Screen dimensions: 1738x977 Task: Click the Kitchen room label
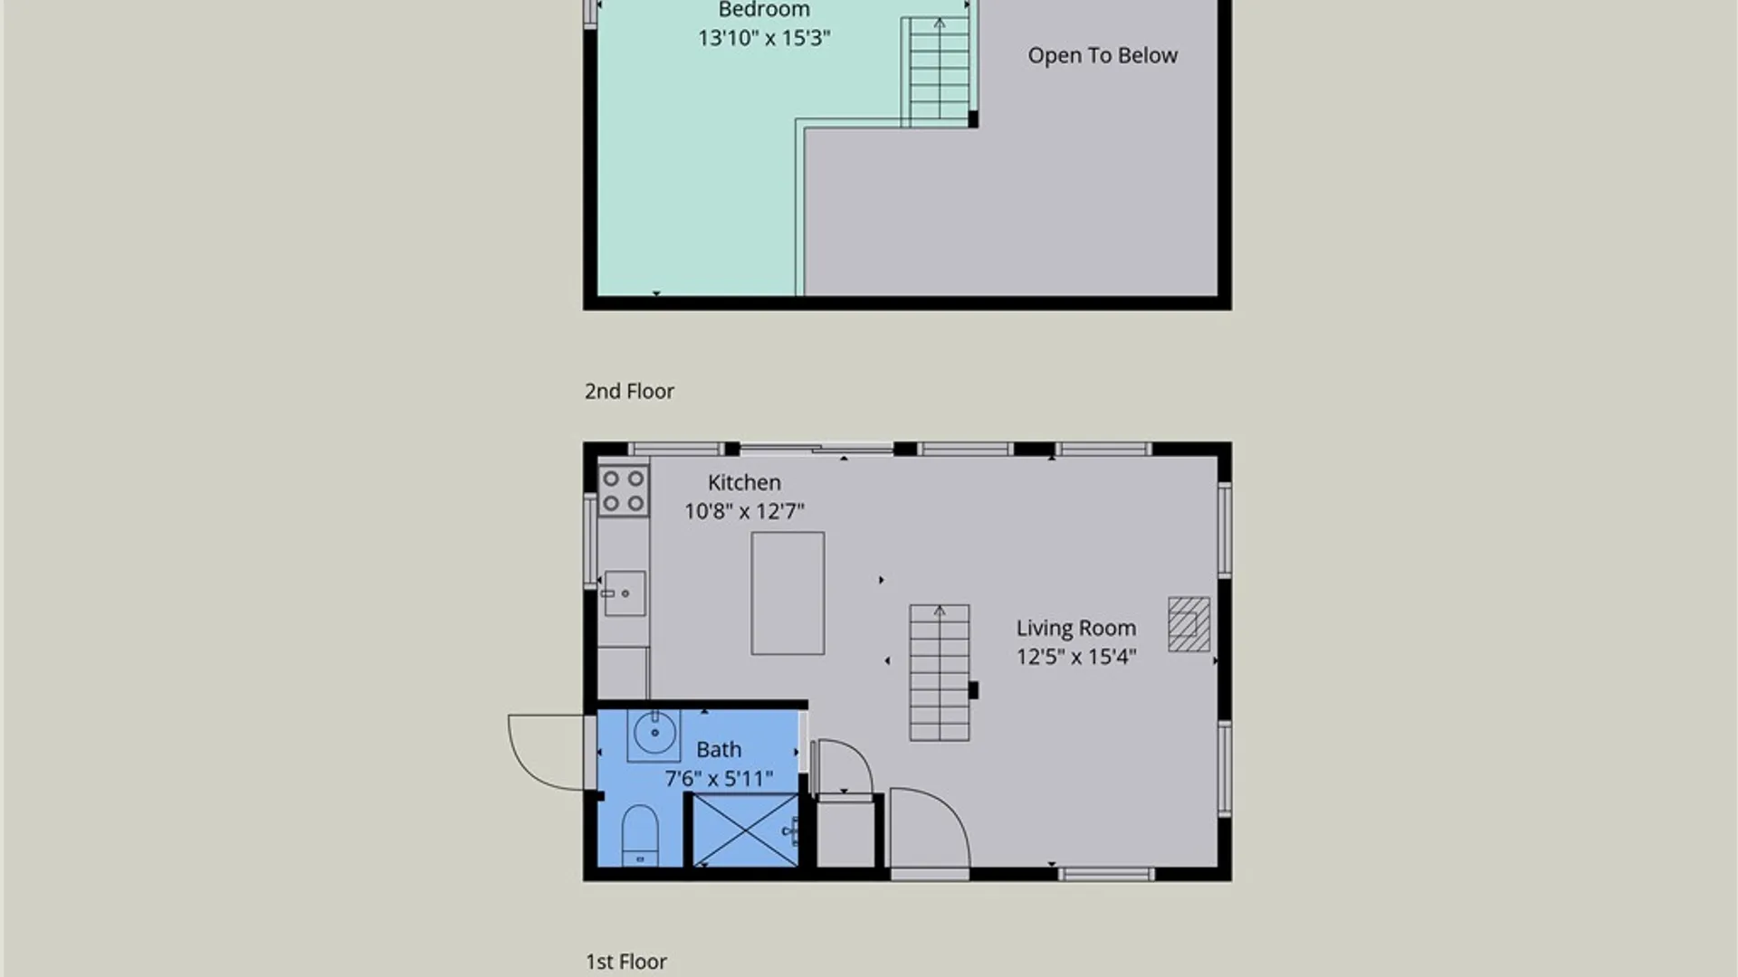[x=744, y=483]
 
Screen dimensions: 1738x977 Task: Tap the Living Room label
[x=1075, y=629]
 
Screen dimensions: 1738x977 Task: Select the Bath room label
[x=719, y=750]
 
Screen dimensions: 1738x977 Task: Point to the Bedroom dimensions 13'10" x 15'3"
[x=764, y=38]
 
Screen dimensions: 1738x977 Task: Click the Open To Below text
[x=1103, y=56]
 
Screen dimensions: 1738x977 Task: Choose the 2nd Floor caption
[x=629, y=392]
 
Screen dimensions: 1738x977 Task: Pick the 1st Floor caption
[x=626, y=962]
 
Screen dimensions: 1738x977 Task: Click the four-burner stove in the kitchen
[x=624, y=490]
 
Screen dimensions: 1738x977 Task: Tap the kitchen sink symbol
[x=625, y=593]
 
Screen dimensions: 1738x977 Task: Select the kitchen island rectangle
[x=788, y=593]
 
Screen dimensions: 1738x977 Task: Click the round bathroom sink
[x=654, y=733]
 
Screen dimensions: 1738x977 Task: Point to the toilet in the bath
[x=640, y=835]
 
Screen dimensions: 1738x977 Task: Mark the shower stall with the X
[x=744, y=830]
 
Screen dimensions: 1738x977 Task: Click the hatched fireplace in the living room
[x=1189, y=624]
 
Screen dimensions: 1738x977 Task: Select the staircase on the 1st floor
[x=940, y=673]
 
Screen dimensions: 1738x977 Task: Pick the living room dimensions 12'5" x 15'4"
[x=1076, y=658]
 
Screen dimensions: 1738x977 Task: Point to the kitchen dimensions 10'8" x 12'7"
[x=744, y=512]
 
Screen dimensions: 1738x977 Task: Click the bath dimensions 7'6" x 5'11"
[x=719, y=779]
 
